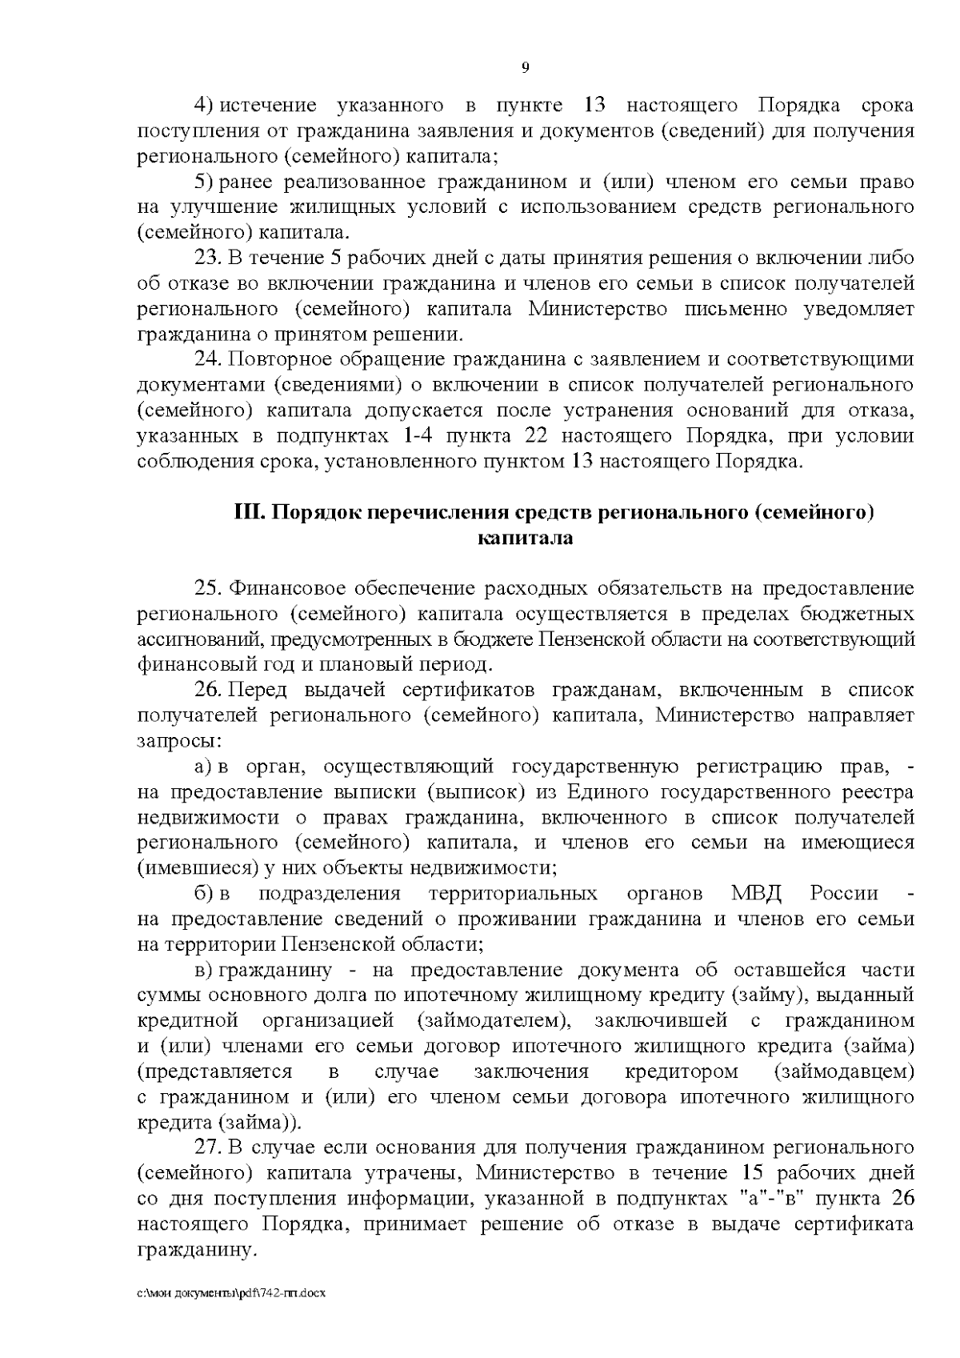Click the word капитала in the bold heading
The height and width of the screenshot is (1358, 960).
click(x=525, y=539)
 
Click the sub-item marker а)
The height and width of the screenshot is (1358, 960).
click(x=203, y=767)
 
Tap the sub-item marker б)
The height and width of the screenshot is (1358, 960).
click(x=203, y=893)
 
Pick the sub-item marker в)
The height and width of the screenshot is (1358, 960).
click(x=203, y=970)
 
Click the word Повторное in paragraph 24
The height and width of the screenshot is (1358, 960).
click(x=277, y=359)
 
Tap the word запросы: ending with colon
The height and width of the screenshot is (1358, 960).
click(x=178, y=741)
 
